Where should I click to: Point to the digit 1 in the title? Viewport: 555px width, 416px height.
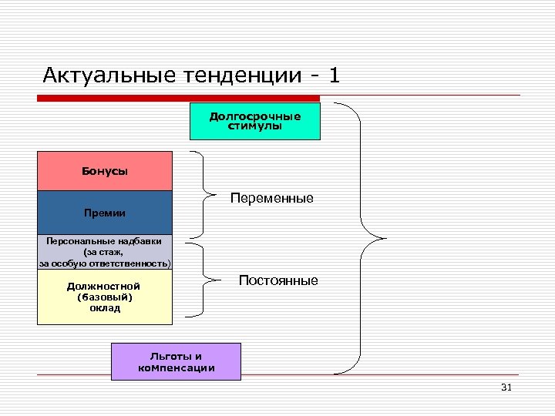coord(333,75)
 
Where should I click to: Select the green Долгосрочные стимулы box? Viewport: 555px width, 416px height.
coord(254,121)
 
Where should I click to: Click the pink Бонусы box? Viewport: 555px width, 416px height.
coord(105,171)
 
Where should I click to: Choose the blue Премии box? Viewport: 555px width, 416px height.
coord(105,213)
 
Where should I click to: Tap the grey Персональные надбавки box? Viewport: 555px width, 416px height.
coord(105,252)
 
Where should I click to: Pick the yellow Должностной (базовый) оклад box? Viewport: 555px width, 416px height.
coord(105,297)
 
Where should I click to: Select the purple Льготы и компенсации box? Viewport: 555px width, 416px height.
coord(176,361)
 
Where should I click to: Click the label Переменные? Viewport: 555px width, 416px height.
coord(271,198)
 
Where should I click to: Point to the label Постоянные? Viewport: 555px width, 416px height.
coord(278,280)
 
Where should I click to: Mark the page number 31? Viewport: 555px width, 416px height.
coord(506,387)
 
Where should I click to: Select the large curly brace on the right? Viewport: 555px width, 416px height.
coord(359,235)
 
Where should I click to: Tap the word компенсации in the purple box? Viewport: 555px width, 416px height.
coord(177,367)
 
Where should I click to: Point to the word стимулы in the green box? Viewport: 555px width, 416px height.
coord(254,126)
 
